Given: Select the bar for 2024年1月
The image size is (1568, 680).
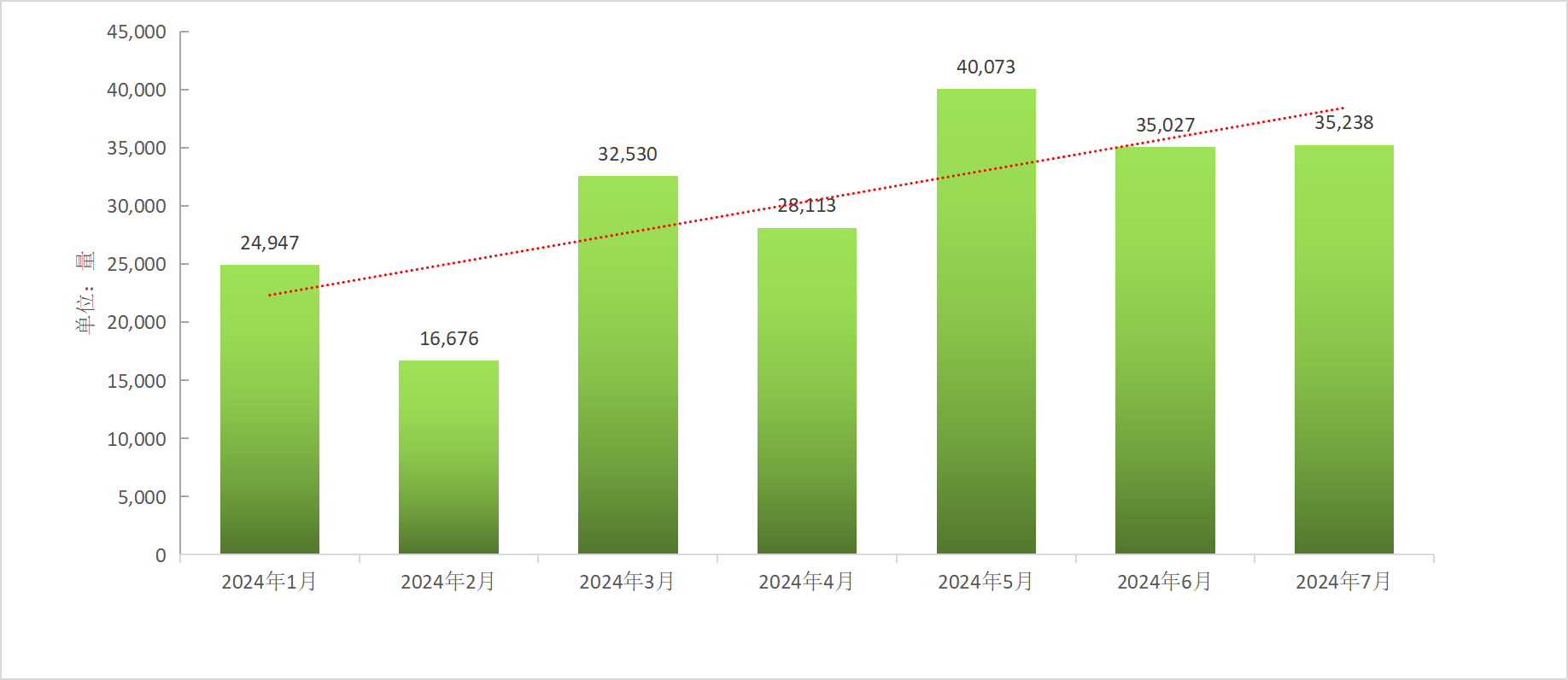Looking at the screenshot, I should [x=270, y=410].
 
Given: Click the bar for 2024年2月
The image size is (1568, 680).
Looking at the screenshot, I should [x=448, y=457].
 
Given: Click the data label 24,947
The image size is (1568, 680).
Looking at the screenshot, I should [x=270, y=243].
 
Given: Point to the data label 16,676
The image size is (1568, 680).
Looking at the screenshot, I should [x=449, y=339].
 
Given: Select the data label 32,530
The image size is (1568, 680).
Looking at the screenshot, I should [x=628, y=155].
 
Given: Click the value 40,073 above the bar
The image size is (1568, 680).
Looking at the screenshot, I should [x=986, y=67].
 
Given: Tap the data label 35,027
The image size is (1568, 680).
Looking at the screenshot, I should [x=1165, y=126].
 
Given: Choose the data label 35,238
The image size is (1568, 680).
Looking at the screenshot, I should [x=1343, y=123].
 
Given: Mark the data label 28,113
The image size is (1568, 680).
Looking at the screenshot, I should [x=806, y=206].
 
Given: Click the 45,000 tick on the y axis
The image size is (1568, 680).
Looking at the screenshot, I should [x=137, y=32].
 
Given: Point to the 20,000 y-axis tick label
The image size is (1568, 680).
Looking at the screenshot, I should [x=137, y=323].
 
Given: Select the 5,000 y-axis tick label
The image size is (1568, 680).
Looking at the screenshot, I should [x=142, y=497].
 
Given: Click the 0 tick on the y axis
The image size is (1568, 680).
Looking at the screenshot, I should [x=161, y=555].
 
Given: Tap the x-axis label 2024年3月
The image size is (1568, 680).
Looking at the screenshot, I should [x=627, y=582].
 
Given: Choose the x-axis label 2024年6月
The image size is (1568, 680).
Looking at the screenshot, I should [x=1164, y=582].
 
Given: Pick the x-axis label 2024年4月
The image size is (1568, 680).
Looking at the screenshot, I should [x=806, y=582].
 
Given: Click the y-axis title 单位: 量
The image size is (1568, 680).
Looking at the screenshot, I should [x=85, y=292].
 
